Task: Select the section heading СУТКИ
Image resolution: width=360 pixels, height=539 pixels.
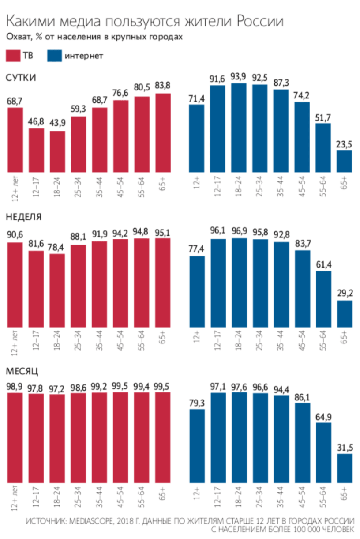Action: coord(20,77)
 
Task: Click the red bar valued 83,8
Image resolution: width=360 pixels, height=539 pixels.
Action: coord(163,132)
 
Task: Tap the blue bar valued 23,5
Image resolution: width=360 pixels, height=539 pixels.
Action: coord(344,161)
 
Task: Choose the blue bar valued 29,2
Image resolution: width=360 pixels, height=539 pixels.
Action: coord(344,314)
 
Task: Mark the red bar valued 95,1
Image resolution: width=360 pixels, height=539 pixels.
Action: coord(163,283)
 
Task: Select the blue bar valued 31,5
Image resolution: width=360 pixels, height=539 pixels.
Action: coord(344,468)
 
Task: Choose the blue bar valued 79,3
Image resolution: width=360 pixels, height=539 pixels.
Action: coord(197,445)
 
